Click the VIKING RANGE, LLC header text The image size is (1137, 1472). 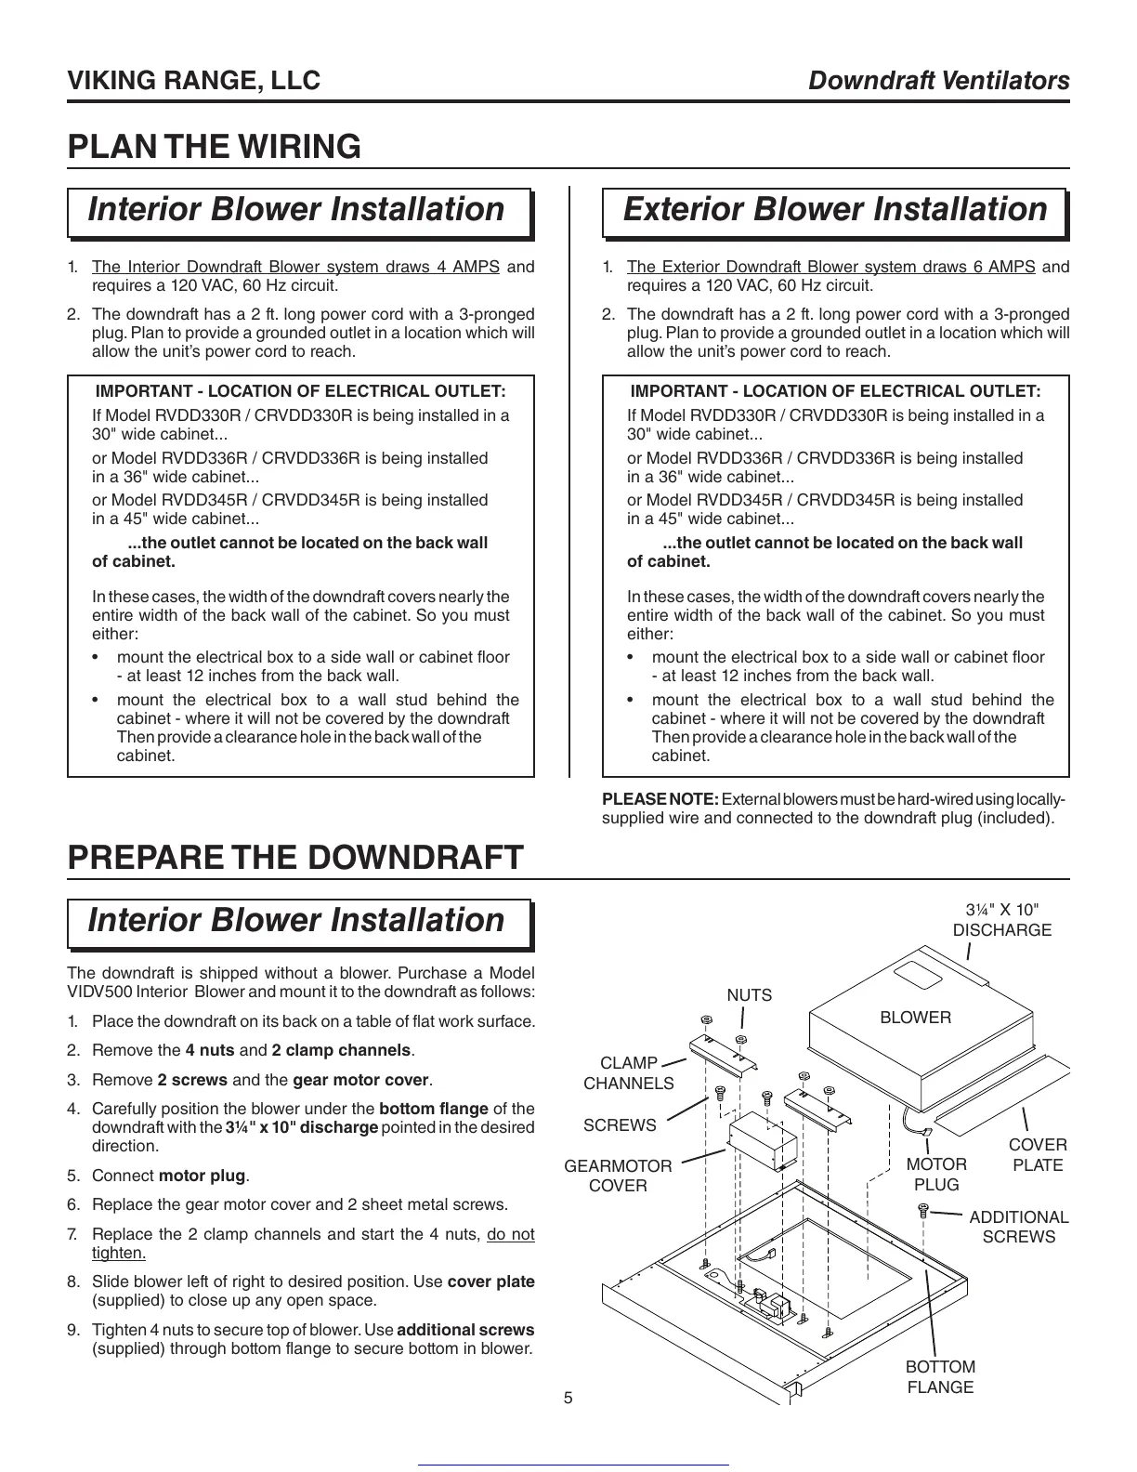(x=194, y=81)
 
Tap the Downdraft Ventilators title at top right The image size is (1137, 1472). (x=939, y=81)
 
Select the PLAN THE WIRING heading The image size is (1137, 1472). (x=215, y=147)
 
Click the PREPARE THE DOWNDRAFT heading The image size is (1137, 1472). (x=295, y=857)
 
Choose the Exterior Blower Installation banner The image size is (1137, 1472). (x=834, y=210)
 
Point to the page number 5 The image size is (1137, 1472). (x=568, y=1398)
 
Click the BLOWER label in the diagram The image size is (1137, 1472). (x=915, y=1018)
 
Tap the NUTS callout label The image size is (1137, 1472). (x=749, y=995)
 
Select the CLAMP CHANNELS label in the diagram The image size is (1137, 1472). (x=628, y=1073)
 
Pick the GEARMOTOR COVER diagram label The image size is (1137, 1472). (x=618, y=1176)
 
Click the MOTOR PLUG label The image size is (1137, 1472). (x=936, y=1174)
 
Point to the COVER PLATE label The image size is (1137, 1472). (x=1038, y=1155)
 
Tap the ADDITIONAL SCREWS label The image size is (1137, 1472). (x=1018, y=1227)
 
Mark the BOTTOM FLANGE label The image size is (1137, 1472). (x=940, y=1377)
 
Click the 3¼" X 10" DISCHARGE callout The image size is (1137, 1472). (x=1001, y=920)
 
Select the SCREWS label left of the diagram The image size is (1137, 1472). (x=620, y=1125)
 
